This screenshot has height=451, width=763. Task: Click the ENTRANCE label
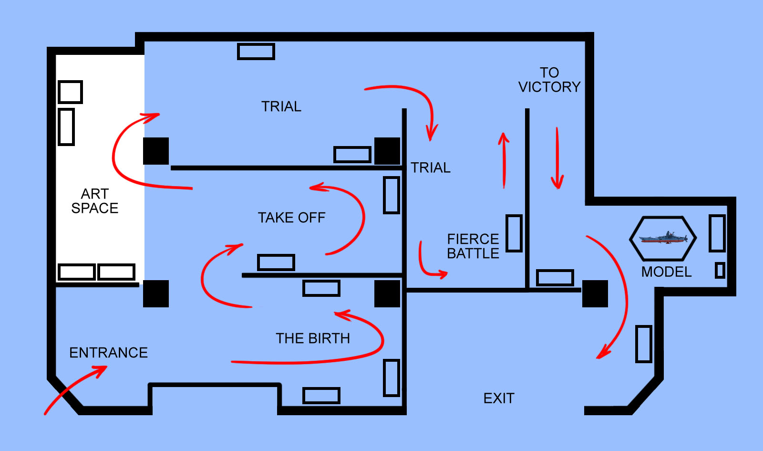click(108, 353)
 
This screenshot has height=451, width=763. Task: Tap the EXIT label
click(499, 398)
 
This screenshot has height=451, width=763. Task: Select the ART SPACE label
click(95, 201)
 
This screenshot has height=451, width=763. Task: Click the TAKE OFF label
click(291, 218)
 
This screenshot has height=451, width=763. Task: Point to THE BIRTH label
click(313, 338)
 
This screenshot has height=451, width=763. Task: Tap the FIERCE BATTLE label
click(473, 246)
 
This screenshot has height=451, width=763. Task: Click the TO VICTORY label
click(549, 80)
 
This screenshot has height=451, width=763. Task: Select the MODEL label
click(666, 272)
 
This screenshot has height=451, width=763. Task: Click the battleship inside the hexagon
click(663, 238)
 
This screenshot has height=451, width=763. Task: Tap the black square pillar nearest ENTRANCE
click(155, 294)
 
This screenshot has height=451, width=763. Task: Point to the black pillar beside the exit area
click(595, 294)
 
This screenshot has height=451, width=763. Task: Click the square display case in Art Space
click(70, 92)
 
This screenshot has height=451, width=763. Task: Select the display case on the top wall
click(256, 52)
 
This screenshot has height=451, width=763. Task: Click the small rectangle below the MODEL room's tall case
click(720, 270)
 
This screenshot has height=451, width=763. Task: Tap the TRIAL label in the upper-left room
click(281, 106)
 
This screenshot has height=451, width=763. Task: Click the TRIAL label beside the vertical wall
click(431, 168)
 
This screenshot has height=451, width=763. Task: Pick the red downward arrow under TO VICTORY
click(557, 158)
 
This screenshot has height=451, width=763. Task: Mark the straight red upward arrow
click(504, 160)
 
